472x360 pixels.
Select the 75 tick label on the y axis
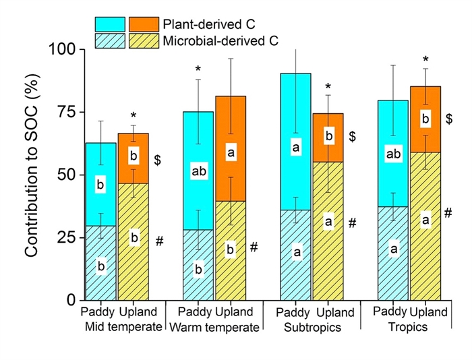65,113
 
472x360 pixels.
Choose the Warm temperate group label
214,328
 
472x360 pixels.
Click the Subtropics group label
310,328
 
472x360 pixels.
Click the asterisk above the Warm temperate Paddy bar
198,69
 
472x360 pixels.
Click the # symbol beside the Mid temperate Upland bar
160,241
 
